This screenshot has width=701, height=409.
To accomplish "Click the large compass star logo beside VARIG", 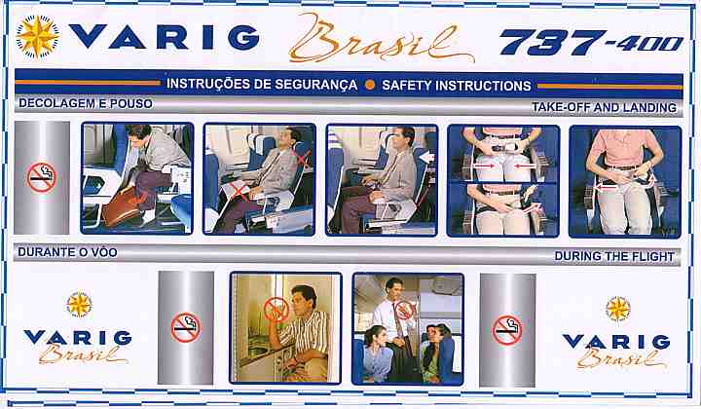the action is [x=37, y=37].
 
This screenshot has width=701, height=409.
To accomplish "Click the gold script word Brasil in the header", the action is [x=380, y=39].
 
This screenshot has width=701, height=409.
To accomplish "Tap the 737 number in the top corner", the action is [x=553, y=43].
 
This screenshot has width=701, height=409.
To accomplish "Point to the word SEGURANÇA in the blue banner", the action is [x=315, y=85].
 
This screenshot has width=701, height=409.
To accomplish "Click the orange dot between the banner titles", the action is [x=369, y=85].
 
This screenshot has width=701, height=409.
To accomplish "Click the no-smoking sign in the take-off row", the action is [x=41, y=177].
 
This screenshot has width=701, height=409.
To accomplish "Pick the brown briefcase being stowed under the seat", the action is [x=122, y=206].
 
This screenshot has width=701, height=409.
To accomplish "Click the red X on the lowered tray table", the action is [x=240, y=191].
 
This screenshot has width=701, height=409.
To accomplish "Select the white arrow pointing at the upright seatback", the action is [x=426, y=157].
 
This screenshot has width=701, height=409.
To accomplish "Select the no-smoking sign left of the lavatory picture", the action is [x=186, y=327].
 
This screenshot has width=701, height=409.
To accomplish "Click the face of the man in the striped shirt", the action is [x=302, y=300].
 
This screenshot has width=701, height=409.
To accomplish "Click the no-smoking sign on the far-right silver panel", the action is [x=507, y=330].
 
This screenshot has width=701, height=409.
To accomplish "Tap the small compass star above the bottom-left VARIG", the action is [x=79, y=305].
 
